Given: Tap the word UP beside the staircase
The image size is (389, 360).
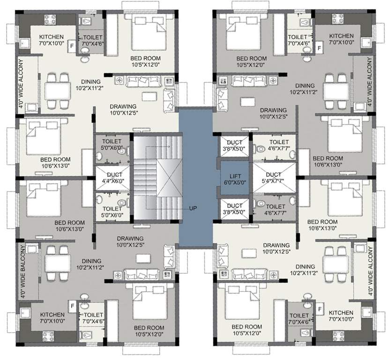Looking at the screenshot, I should (192, 208).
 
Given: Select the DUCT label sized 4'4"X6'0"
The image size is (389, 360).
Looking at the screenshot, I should (108, 175).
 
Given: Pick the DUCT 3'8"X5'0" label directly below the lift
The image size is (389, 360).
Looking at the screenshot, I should (234, 205).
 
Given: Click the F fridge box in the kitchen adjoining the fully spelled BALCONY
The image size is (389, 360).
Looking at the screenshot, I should (72, 306).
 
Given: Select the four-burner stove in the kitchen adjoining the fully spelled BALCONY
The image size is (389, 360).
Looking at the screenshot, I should (48, 336).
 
